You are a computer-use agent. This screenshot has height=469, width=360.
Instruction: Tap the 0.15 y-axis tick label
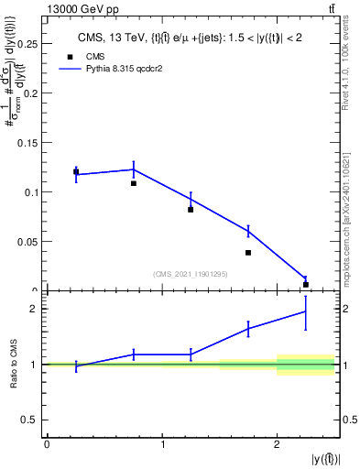point(28,142)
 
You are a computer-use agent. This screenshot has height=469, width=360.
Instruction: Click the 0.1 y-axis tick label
point(32,192)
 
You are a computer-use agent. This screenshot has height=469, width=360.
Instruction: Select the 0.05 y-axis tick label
point(28,242)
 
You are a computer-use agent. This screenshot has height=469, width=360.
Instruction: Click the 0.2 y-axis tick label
point(32,93)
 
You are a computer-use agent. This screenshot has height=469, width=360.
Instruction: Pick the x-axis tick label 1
point(162,445)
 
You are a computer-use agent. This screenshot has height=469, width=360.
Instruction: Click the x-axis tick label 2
point(278,445)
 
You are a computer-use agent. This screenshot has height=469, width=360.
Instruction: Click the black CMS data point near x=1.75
point(248,253)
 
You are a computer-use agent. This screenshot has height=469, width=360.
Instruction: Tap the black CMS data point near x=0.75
point(134,183)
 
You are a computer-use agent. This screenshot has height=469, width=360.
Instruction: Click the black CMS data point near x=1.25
point(191,210)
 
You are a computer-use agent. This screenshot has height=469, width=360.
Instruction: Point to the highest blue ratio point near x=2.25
point(306,311)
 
